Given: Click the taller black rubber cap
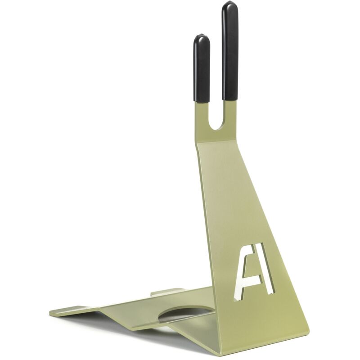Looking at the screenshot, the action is click(x=230, y=50).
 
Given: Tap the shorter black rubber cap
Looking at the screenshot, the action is click(x=202, y=68).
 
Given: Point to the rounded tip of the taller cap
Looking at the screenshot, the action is click(x=230, y=2).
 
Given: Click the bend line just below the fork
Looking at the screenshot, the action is click(x=217, y=142).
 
